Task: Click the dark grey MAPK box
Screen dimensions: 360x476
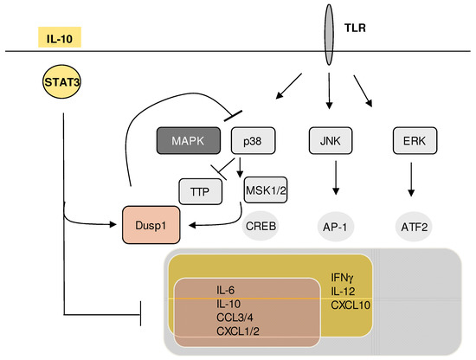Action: coord(189,139)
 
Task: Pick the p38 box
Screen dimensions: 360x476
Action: coord(253,139)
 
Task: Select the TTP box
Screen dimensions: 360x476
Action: coord(203,189)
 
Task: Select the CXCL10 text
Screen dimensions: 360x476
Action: coord(351,305)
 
